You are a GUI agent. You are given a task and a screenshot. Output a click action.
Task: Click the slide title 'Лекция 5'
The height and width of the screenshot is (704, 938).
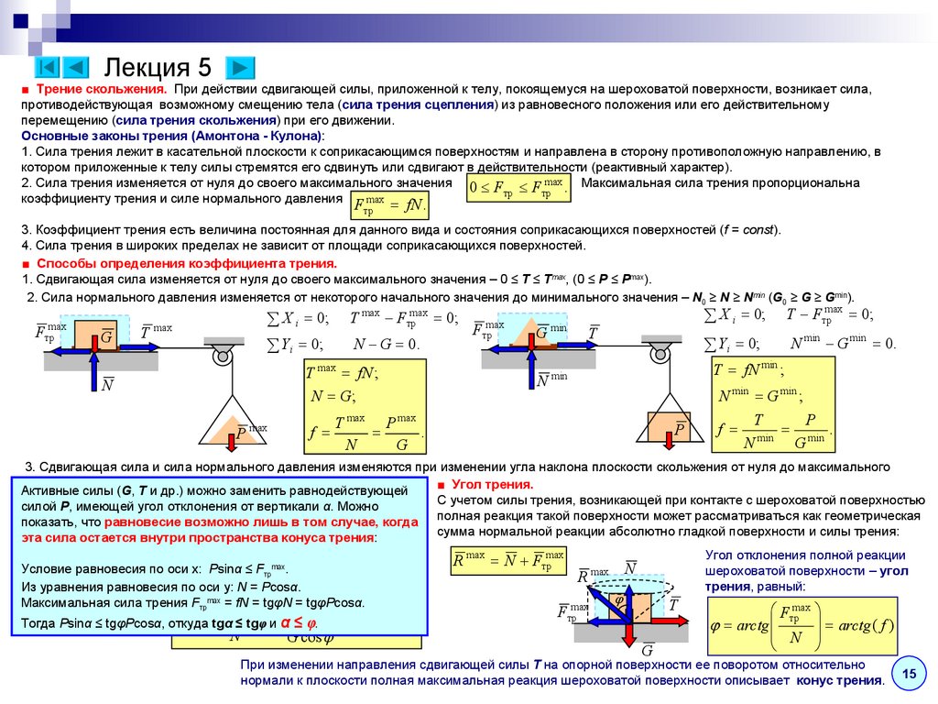[158, 67]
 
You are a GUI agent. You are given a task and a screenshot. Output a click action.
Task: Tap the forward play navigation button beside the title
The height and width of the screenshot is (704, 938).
[239, 67]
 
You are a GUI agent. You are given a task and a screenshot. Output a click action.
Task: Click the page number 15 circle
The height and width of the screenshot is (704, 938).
[910, 675]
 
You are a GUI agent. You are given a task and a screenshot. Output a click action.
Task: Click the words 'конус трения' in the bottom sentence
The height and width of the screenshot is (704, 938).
[839, 680]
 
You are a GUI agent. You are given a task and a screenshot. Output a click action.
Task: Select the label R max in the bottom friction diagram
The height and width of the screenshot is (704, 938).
[592, 575]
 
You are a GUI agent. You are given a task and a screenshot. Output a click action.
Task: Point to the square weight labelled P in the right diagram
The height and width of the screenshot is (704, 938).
[678, 427]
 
